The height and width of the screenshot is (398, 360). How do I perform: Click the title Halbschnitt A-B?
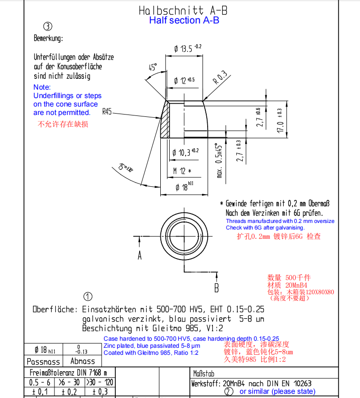pos(184,10)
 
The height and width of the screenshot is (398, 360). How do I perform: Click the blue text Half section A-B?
pos(184,20)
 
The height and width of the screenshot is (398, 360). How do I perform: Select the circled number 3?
pos(47,27)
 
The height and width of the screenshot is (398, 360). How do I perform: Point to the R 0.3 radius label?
pos(220,77)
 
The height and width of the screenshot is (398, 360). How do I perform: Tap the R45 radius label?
pos(107,112)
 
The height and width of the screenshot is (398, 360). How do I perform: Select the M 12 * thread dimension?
pos(182,171)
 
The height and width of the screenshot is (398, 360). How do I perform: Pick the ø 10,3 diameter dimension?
pos(185,152)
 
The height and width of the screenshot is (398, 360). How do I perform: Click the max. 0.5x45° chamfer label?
pos(219,160)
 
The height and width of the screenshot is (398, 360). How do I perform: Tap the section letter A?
pos(140,255)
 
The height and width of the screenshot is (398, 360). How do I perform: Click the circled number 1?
pos(88,296)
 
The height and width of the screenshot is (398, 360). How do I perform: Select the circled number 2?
pos(229,391)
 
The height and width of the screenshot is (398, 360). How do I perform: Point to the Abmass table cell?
pos(82,361)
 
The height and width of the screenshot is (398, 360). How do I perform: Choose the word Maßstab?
pos(203,374)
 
